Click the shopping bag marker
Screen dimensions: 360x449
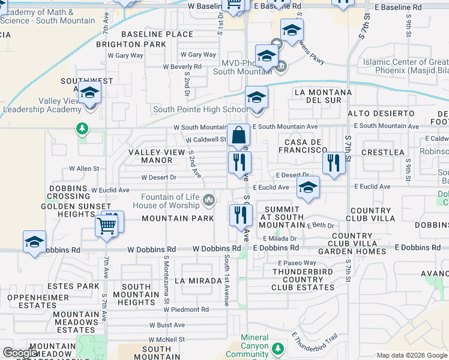point(239,136)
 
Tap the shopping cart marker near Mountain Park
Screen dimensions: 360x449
point(107,226)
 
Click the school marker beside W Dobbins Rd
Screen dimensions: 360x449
point(34,242)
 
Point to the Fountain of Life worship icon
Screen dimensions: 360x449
point(209,199)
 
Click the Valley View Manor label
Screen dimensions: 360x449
point(157,156)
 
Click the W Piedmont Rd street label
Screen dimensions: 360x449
point(187,310)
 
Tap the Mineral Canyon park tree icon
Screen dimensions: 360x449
point(277,348)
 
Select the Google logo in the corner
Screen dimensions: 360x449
point(20,353)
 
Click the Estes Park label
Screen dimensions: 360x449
point(79,286)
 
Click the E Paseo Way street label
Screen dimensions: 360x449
point(297,263)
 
